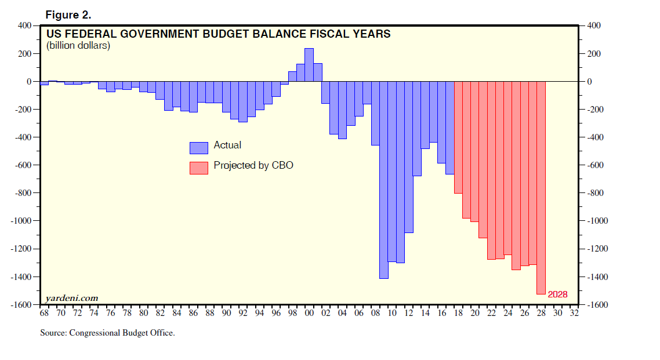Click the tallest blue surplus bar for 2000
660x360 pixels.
[309, 65]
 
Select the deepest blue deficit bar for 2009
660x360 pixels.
[384, 180]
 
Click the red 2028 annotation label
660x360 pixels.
[557, 294]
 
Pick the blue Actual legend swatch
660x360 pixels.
[198, 147]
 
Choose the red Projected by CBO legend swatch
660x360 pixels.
[198, 167]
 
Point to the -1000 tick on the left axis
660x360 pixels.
[21, 221]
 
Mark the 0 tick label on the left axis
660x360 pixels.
[28, 82]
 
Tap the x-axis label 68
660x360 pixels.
[44, 313]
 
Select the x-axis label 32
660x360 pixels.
[575, 313]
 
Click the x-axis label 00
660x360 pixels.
[309, 313]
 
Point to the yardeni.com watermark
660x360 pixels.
[71, 298]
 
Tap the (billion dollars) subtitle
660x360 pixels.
[78, 46]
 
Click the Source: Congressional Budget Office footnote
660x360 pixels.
[107, 333]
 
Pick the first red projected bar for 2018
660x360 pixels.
[458, 137]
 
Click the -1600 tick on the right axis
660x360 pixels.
[598, 305]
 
